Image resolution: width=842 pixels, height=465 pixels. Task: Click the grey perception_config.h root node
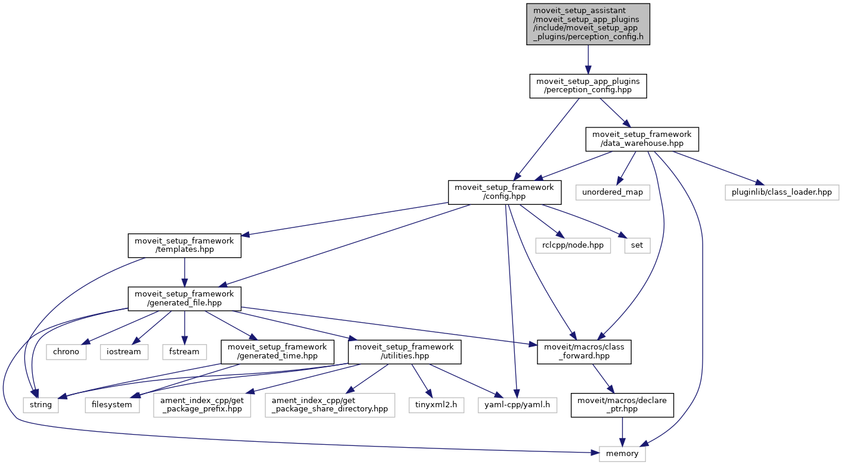(588, 24)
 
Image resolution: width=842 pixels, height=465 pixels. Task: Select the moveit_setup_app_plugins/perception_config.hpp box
(588, 86)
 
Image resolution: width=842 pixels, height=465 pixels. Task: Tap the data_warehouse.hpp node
(642, 139)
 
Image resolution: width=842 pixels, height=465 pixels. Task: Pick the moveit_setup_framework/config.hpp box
(504, 192)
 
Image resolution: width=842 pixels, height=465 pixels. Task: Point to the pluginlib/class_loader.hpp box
(782, 192)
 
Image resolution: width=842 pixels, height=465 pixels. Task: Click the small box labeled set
(637, 245)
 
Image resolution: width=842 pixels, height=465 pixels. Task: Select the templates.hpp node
(185, 245)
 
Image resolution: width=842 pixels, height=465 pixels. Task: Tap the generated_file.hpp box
(185, 298)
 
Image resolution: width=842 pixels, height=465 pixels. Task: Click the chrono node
(66, 351)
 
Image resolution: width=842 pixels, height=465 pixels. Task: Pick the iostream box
(124, 351)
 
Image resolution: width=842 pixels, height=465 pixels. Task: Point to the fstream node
(184, 351)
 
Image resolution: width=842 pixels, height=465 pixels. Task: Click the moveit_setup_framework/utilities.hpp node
(405, 351)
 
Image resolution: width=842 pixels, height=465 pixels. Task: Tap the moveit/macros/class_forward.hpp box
(584, 351)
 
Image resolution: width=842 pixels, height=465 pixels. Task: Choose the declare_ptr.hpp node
(623, 405)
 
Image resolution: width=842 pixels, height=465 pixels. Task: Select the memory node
(622, 453)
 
